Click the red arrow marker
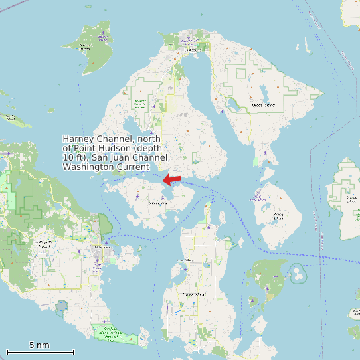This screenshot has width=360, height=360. click(172, 179)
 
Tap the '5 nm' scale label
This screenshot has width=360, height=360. click(39, 345)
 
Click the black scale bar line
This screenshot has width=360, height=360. click(40, 352)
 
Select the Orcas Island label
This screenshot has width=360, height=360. click(264, 105)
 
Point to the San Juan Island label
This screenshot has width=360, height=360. click(43, 244)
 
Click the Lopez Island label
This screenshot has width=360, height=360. click(193, 293)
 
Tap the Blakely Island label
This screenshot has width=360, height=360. click(279, 214)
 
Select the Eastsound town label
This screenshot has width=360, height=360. click(192, 50)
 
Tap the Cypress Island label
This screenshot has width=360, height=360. click(351, 197)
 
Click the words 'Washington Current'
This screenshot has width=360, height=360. click(106, 167)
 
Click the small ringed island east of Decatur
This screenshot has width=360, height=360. click(297, 272)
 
